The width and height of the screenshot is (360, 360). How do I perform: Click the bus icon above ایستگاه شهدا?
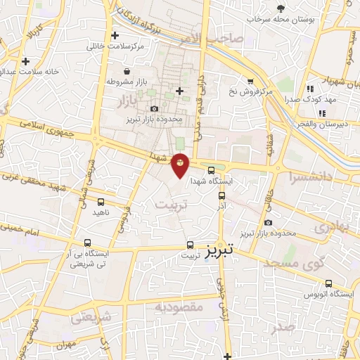(x=212, y=169)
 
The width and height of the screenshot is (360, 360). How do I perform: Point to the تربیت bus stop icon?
(x=190, y=245)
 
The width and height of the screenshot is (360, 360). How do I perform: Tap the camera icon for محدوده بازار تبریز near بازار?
(x=155, y=108)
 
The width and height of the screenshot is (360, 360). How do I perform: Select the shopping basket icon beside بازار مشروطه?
(x=126, y=72)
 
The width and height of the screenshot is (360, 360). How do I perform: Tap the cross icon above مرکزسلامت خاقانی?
(x=114, y=35)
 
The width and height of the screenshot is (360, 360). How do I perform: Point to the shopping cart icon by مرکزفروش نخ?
(x=250, y=81)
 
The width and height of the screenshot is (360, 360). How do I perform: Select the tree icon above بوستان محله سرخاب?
(x=281, y=8)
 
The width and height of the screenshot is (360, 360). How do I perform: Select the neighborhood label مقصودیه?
(x=179, y=307)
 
